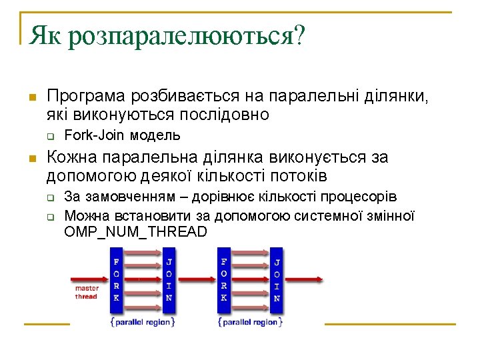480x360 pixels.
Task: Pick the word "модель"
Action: (x=155, y=136)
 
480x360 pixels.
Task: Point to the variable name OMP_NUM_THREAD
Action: (x=136, y=232)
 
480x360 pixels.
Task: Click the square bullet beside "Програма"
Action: (x=30, y=98)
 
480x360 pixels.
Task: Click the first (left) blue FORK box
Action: (x=117, y=280)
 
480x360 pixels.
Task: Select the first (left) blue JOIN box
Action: (x=170, y=280)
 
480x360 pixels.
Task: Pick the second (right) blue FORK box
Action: (x=224, y=280)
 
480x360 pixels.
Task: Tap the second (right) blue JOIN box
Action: (x=277, y=280)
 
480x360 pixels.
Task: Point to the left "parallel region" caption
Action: (x=143, y=322)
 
